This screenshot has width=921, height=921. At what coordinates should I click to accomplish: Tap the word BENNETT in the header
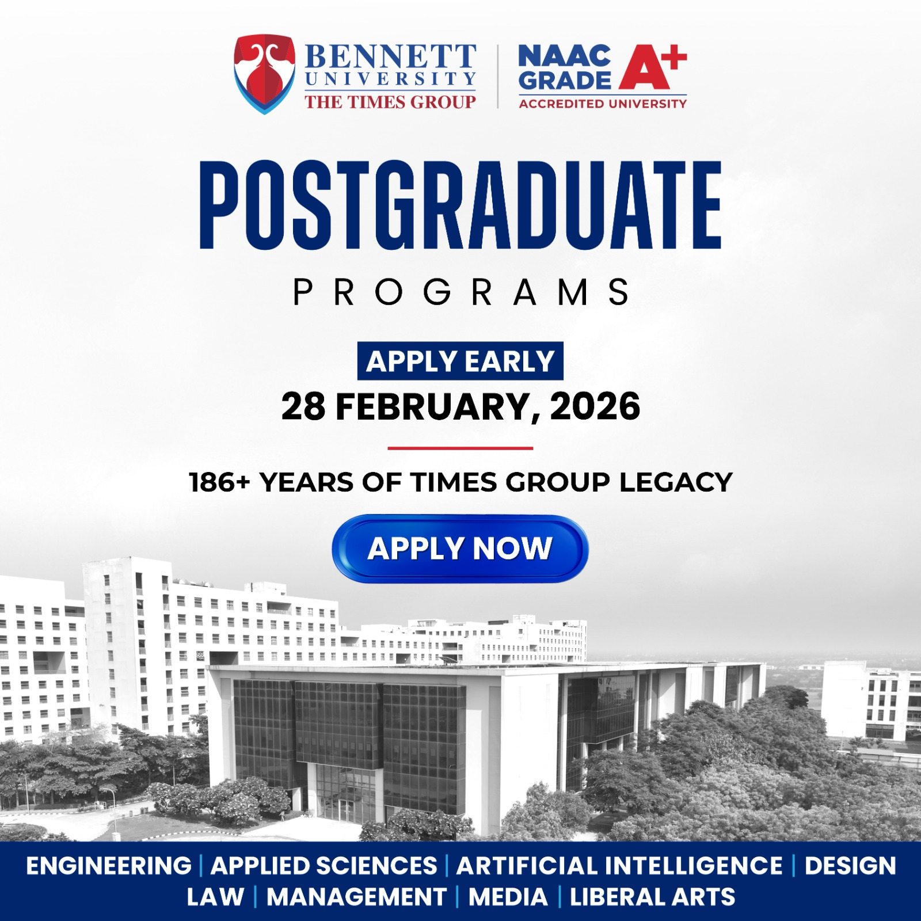coord(390,57)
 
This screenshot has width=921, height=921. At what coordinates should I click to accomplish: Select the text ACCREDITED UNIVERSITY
coord(603,104)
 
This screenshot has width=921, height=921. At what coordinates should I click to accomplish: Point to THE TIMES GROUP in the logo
coord(390,102)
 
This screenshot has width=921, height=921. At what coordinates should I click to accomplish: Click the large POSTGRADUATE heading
coord(461,205)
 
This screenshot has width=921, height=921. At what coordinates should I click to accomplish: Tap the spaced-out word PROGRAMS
coord(461,292)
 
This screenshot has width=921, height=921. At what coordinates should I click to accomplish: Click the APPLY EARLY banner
coord(461,361)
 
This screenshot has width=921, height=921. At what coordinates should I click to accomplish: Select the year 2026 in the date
coord(595,406)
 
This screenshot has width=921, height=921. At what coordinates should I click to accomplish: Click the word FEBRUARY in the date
coord(433,406)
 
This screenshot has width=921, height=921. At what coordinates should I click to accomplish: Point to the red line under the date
coord(461,448)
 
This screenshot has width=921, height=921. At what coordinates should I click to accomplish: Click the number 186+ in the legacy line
coord(219,482)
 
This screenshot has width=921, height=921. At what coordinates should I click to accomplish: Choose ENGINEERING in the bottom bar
coord(109,866)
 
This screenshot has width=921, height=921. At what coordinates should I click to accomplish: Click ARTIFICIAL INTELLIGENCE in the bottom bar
coord(619,866)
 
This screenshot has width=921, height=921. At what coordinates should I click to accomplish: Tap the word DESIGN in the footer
coord(850,866)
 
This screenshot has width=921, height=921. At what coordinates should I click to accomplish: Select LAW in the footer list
coord(215,897)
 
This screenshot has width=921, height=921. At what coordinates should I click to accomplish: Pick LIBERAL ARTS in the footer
coord(653,897)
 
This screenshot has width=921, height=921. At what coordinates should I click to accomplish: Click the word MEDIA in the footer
coord(508,897)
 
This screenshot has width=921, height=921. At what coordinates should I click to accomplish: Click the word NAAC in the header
coord(564,55)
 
